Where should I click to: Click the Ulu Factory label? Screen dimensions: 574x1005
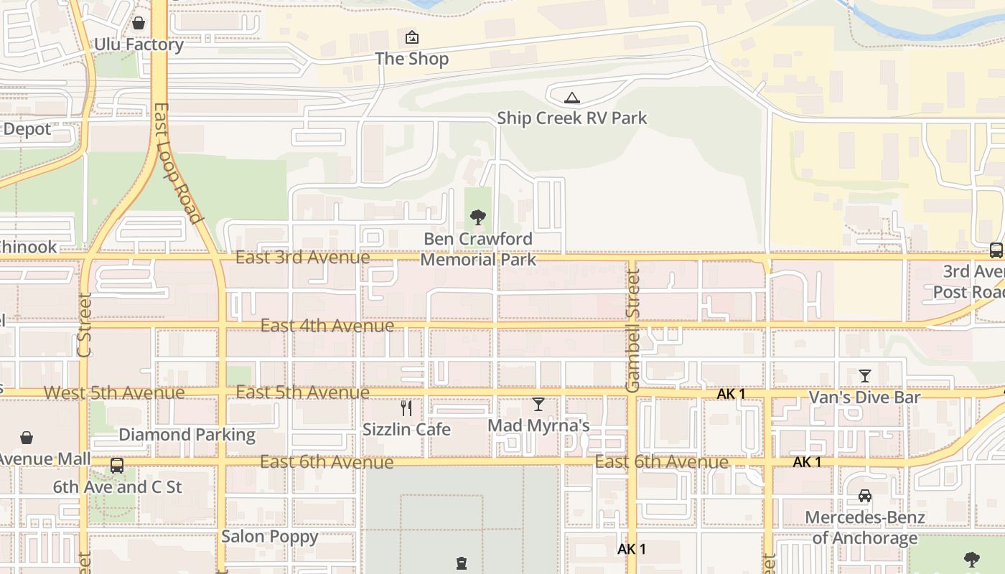139,44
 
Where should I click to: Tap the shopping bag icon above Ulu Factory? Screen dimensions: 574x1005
139,23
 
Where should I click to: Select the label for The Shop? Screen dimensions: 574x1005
412,59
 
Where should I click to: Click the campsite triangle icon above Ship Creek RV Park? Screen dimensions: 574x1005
571,98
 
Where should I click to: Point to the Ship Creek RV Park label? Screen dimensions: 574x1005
571,118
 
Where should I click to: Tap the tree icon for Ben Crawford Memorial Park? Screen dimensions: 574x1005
477,217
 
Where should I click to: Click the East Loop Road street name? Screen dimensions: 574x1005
176,163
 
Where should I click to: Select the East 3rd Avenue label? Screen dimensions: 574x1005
302,257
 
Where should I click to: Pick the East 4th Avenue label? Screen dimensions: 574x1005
327,325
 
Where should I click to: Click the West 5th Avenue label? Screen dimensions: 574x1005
114,392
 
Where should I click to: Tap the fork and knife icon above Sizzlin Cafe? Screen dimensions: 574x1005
406,408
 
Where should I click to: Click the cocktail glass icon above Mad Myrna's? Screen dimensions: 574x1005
538,405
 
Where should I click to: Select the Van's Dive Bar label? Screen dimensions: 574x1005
864,397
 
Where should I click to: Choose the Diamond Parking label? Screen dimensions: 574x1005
187,434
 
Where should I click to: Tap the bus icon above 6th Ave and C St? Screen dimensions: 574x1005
117,466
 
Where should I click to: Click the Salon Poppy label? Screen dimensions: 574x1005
269,536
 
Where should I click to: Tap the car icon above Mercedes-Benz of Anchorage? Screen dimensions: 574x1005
864,496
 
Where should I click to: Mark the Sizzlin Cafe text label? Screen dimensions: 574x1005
406,429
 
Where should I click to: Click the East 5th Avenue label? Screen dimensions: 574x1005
302,392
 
